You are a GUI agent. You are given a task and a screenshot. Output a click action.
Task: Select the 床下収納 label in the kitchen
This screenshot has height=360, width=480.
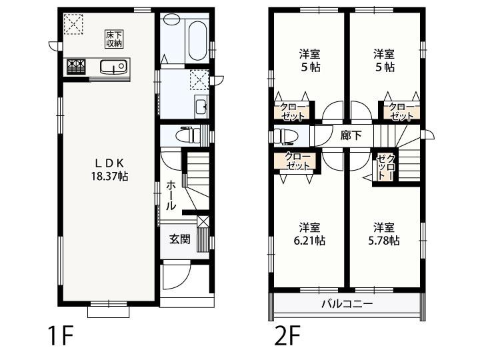pyautogui.click(x=113, y=39)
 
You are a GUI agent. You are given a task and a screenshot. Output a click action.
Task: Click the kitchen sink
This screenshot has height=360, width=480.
pyautogui.click(x=114, y=67)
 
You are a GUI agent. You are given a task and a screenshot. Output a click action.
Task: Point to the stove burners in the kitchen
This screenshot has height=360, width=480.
pyautogui.click(x=75, y=67)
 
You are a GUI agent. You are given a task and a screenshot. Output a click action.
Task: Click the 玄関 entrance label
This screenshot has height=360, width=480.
pyautogui.click(x=179, y=239)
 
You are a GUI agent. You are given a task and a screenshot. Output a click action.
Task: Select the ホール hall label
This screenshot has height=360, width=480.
pyautogui.click(x=171, y=195)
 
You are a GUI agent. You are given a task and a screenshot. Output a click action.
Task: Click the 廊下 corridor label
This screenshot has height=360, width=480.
pyautogui.click(x=351, y=135)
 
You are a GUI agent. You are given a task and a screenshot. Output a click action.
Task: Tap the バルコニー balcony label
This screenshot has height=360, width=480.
pyautogui.click(x=347, y=304)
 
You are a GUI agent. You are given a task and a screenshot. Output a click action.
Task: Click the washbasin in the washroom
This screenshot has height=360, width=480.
pyautogui.click(x=200, y=105)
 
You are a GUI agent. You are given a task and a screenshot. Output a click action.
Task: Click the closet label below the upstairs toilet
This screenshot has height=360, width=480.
pyautogui.click(x=297, y=162)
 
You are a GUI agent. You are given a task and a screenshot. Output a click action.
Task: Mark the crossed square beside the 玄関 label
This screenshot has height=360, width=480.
pyautogui.click(x=204, y=223)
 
